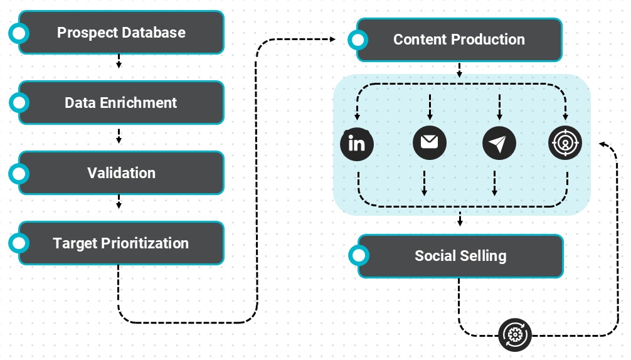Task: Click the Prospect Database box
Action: pos(121,33)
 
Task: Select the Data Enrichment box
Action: pos(121,103)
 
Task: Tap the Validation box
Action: pos(121,173)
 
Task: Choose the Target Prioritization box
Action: pos(121,243)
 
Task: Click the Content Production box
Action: pos(459,40)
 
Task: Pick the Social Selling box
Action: pos(460,256)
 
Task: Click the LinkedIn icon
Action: pos(357,144)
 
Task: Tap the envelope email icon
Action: pos(430,142)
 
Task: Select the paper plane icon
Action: pos(499,144)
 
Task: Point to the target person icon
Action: pos(566,143)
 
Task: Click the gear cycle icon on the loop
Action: pos(515,335)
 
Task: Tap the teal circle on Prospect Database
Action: pos(19,33)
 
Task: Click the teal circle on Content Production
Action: pos(358,40)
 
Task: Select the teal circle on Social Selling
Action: pos(359,256)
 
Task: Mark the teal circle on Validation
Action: pos(19,173)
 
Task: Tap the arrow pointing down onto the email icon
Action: pos(430,108)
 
